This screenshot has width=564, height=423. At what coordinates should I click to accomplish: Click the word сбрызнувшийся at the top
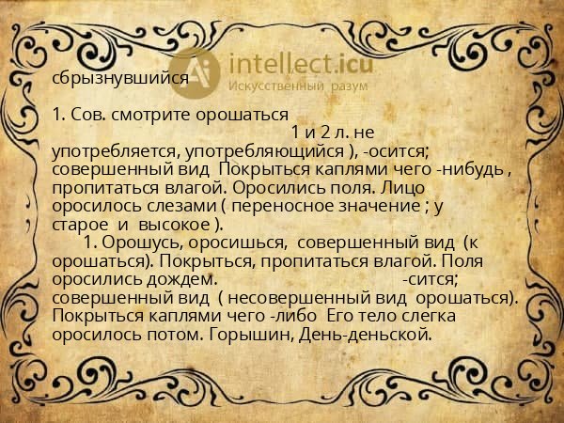point(120,77)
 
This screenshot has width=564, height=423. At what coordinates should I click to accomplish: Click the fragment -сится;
point(430,279)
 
